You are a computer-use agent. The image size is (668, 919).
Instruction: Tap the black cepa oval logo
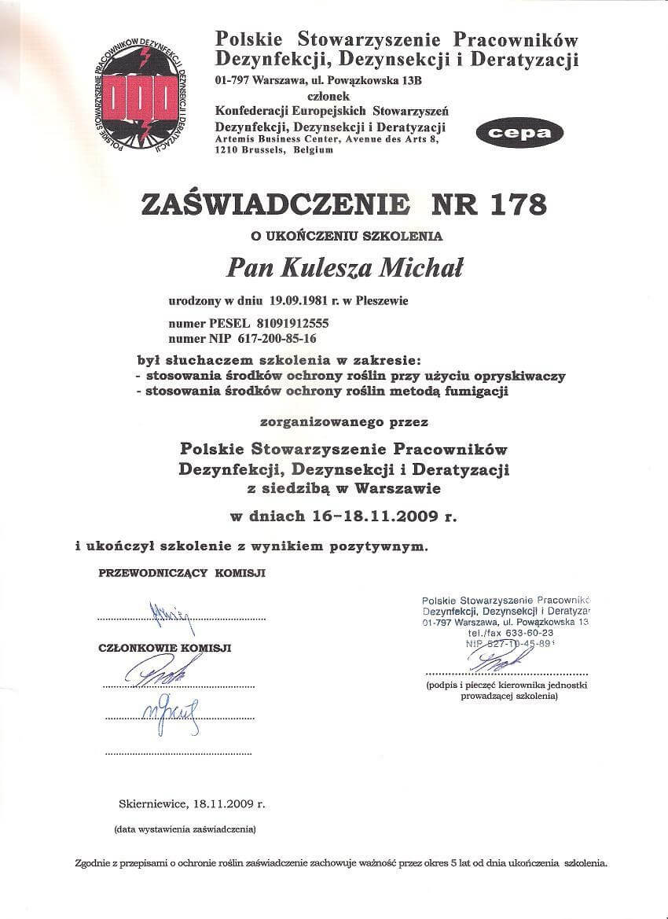pyautogui.click(x=519, y=132)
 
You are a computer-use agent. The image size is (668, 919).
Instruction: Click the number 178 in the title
pyautogui.click(x=510, y=204)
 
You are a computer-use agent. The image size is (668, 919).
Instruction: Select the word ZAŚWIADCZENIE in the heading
pyautogui.click(x=275, y=204)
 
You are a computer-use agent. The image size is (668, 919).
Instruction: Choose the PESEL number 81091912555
pyautogui.click(x=292, y=323)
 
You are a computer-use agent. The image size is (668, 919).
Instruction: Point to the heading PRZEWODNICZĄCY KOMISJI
pyautogui.click(x=182, y=573)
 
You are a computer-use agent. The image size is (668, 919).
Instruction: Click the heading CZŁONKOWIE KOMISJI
pyautogui.click(x=165, y=649)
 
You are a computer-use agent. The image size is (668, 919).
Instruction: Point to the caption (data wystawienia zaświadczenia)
pyautogui.click(x=185, y=829)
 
